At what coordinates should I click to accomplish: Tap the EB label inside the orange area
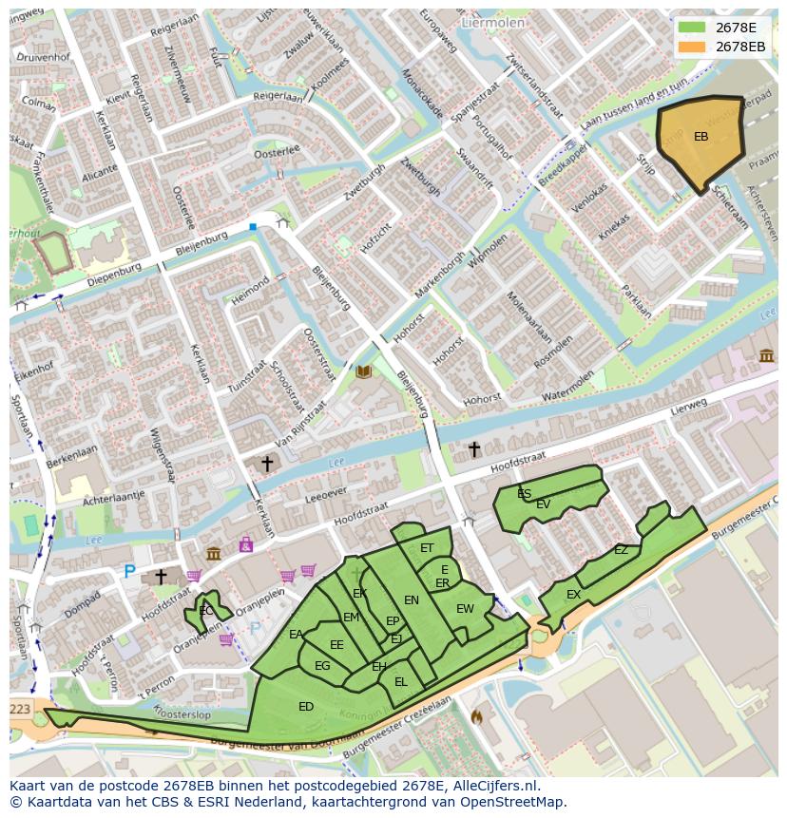tap(701, 137)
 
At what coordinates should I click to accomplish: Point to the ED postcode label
tap(306, 707)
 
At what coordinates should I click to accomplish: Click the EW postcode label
tap(465, 609)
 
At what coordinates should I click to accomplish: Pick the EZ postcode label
tap(621, 550)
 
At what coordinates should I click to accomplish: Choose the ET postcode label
tap(427, 548)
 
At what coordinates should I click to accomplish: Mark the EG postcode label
tap(322, 666)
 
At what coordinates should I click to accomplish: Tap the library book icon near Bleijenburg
tap(363, 372)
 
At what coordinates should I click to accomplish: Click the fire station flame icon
tap(476, 716)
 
